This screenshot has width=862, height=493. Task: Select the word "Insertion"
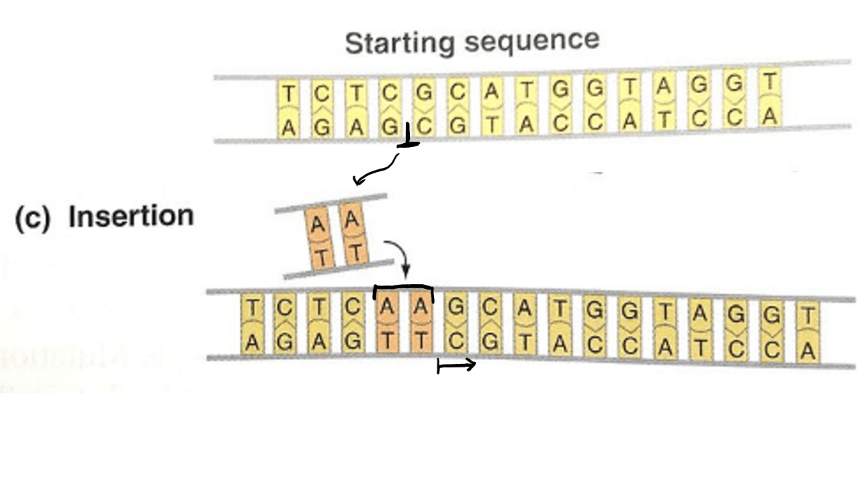tap(131, 217)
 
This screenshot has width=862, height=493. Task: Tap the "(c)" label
tap(32, 219)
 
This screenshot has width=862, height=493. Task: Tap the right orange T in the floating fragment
tap(357, 253)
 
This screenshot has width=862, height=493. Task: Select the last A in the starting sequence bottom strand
tap(770, 117)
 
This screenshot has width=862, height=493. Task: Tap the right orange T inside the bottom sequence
tap(421, 341)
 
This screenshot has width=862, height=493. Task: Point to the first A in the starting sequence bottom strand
tap(288, 129)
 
